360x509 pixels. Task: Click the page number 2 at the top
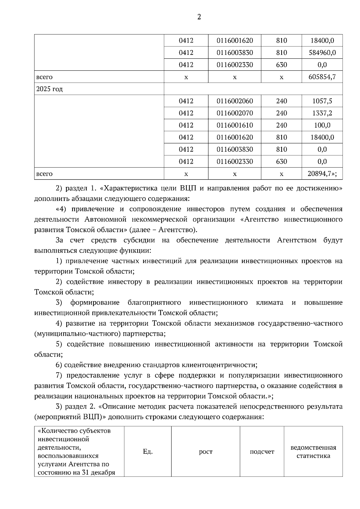tap(199, 17)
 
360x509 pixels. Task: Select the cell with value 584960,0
tap(322, 53)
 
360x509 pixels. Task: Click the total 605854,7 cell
tap(322, 77)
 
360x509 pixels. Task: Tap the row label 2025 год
tap(49, 89)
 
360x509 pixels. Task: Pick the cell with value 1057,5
tap(322, 101)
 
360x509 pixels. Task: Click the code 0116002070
tap(235, 113)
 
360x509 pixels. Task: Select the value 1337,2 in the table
tap(322, 113)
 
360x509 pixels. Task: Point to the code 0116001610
tap(235, 125)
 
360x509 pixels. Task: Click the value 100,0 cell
tap(322, 125)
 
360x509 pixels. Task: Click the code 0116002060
tap(235, 101)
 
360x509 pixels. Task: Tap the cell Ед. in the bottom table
tap(148, 452)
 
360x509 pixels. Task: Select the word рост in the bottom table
tap(205, 452)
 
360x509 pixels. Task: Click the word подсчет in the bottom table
tap(262, 452)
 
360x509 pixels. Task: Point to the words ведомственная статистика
tap(313, 452)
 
